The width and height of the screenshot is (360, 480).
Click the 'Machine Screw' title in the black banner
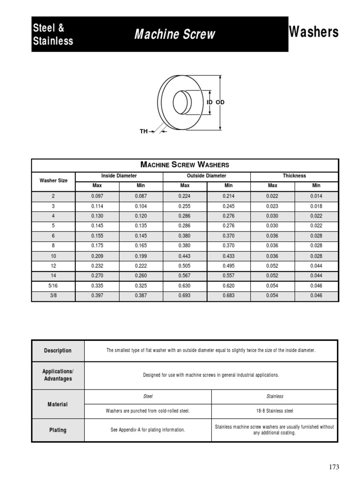[175, 34]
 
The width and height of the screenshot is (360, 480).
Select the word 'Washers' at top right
[314, 32]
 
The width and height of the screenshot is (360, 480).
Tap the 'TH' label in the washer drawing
[143, 132]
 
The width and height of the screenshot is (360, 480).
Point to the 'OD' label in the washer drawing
[220, 102]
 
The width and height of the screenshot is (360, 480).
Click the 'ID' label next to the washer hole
[210, 102]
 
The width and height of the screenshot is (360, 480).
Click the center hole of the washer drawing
[181, 102]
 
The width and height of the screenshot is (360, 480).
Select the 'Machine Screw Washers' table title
[185, 165]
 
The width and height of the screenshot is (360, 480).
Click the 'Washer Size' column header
[53, 180]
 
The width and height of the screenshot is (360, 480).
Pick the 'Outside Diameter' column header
[206, 176]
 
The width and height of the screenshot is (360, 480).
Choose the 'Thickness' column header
[294, 176]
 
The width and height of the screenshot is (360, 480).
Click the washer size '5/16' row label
[53, 286]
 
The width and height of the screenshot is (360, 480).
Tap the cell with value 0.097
[97, 196]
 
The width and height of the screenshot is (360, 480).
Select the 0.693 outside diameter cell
[185, 296]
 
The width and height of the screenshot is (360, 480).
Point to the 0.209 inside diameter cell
[97, 256]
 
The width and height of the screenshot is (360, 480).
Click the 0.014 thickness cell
[316, 196]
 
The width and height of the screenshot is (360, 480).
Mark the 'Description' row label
[58, 351]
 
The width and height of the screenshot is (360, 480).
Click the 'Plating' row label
[58, 430]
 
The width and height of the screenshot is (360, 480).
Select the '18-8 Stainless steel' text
[275, 411]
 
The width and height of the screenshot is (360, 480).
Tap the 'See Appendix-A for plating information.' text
[148, 430]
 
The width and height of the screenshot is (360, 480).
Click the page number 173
[333, 467]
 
